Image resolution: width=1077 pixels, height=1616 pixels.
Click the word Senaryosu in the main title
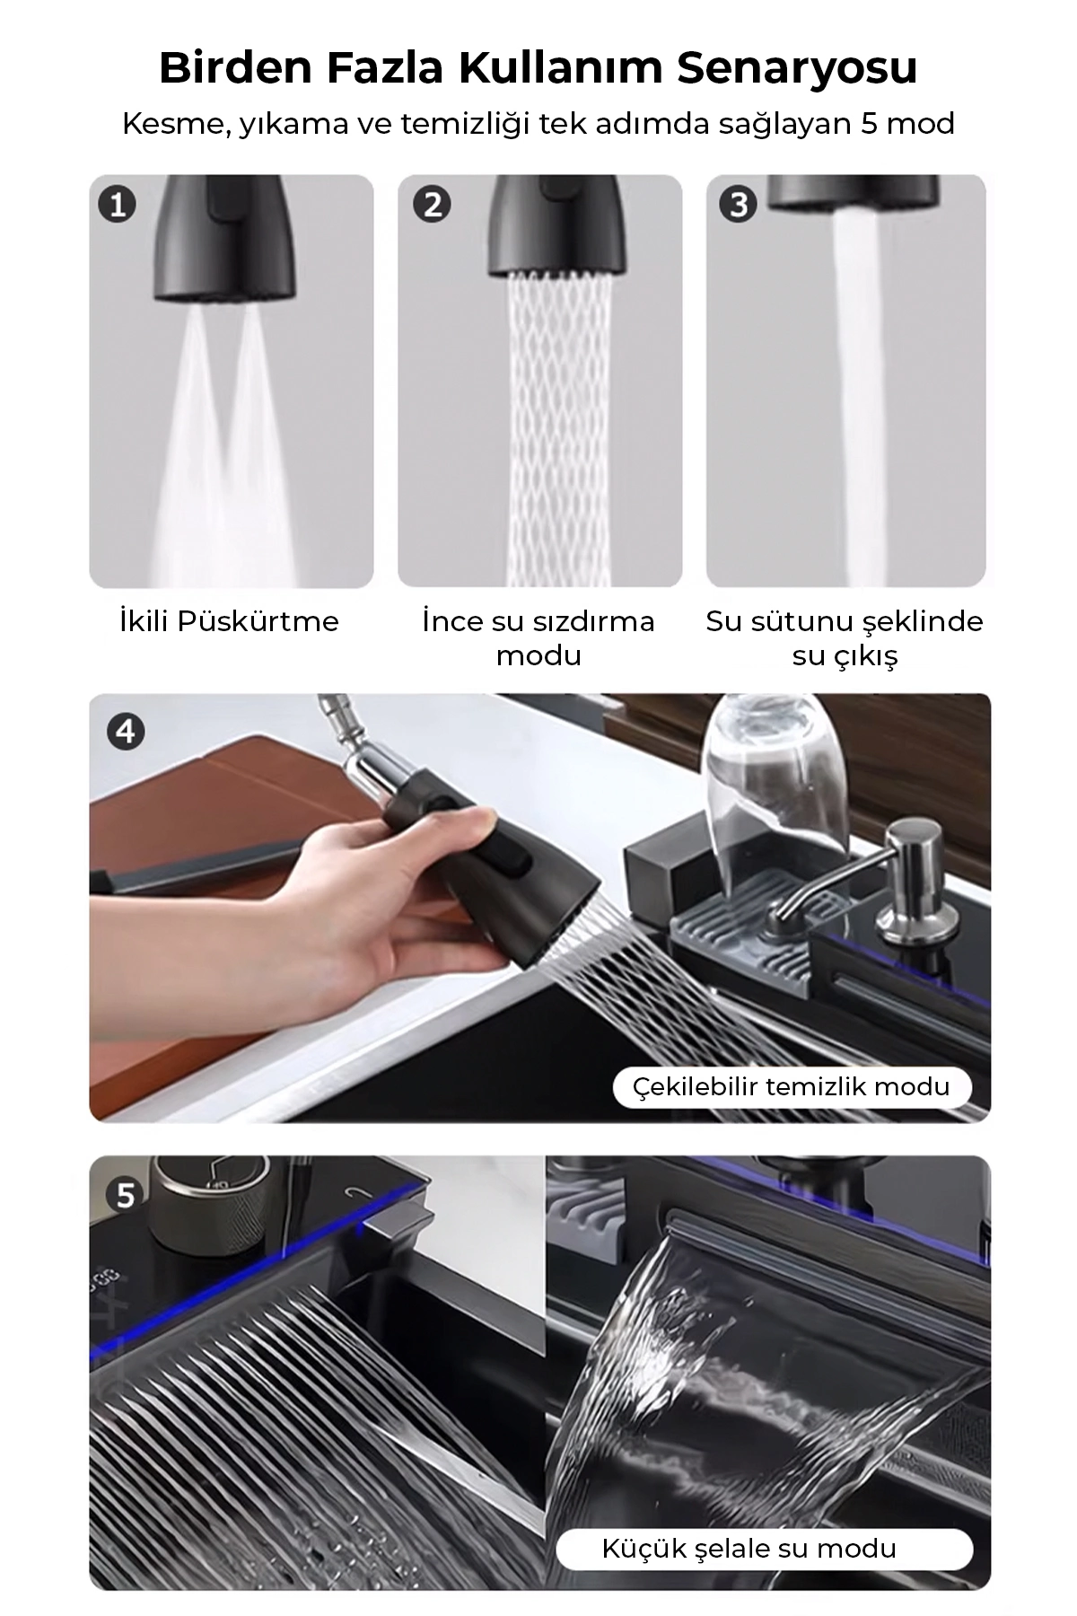pyautogui.click(x=797, y=68)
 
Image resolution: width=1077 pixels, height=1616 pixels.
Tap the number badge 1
pyautogui.click(x=118, y=205)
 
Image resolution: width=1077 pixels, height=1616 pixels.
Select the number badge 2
pyautogui.click(x=432, y=205)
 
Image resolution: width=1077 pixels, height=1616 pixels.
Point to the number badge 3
pyautogui.click(x=739, y=205)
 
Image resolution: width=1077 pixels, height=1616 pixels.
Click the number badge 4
pyautogui.click(x=126, y=732)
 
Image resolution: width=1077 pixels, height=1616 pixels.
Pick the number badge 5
pyautogui.click(x=126, y=1195)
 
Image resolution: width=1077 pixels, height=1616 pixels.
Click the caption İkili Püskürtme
pyautogui.click(x=230, y=621)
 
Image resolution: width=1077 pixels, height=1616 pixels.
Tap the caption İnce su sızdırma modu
pyautogui.click(x=538, y=638)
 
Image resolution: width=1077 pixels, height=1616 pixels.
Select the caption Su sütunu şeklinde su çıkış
pyautogui.click(x=845, y=638)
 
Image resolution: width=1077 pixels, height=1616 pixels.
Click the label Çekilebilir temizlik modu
pyautogui.click(x=792, y=1087)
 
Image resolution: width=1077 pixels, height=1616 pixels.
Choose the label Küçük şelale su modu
pyautogui.click(x=749, y=1523)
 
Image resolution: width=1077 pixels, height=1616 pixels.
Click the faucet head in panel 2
pyautogui.click(x=556, y=224)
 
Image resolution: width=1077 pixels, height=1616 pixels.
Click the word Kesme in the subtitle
pyautogui.click(x=171, y=123)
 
